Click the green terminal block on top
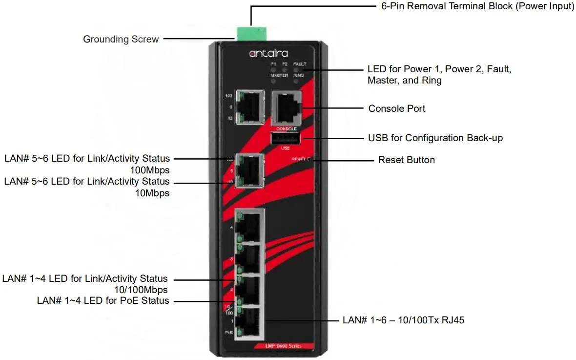249,34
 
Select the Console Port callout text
396,108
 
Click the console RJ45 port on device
286,107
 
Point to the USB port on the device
286,139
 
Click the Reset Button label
406,160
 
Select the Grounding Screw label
121,39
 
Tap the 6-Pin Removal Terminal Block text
477,7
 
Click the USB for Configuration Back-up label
435,138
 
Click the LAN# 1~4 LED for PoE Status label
103,300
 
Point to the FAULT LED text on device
299,64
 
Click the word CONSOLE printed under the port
286,128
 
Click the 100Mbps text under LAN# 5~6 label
149,170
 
